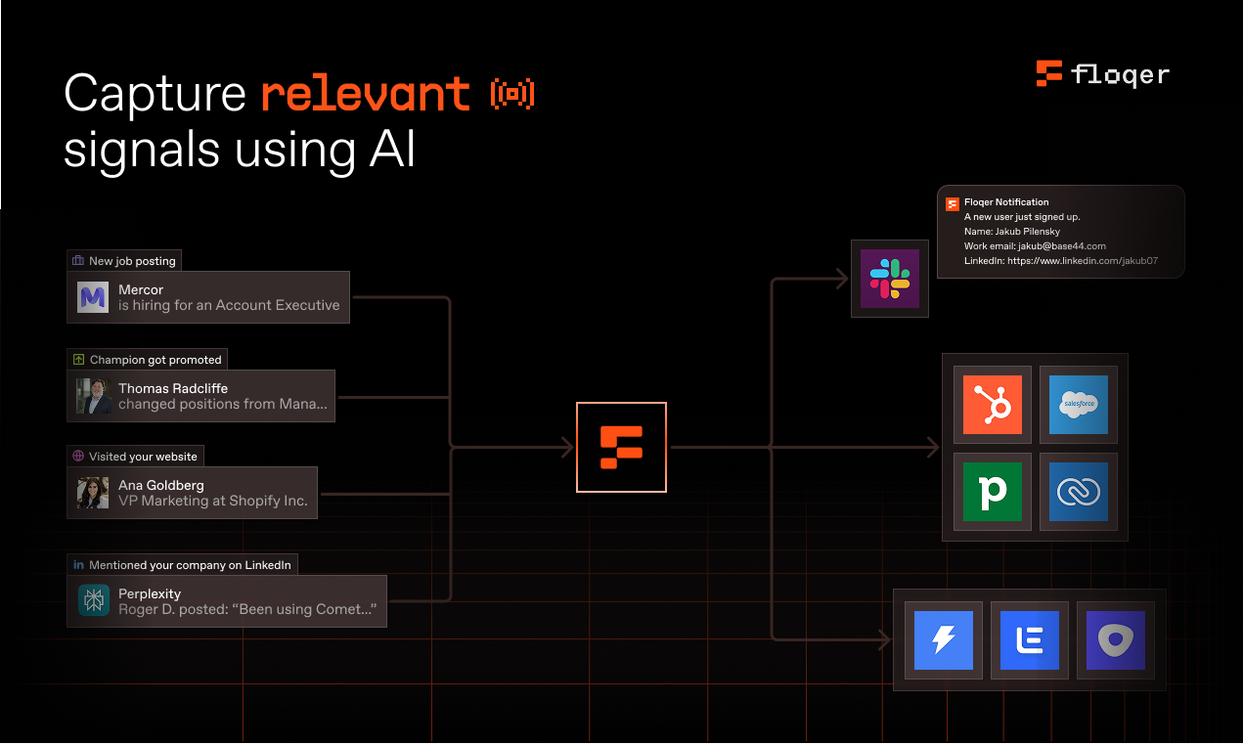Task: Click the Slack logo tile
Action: pyautogui.click(x=889, y=279)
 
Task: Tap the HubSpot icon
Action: pyautogui.click(x=993, y=405)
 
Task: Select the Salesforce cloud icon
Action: pyautogui.click(x=1078, y=405)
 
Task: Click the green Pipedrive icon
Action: pyautogui.click(x=993, y=491)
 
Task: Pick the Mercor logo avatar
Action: pyautogui.click(x=94, y=297)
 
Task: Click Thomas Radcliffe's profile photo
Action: pyautogui.click(x=94, y=396)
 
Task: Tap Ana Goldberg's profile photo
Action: pyautogui.click(x=94, y=493)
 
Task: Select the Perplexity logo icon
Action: pyautogui.click(x=94, y=601)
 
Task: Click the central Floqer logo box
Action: pyautogui.click(x=621, y=447)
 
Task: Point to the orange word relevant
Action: pyautogui.click(x=366, y=94)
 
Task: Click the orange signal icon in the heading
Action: pyautogui.click(x=512, y=94)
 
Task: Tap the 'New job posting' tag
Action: pyautogui.click(x=124, y=261)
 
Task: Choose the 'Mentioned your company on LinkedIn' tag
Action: pyautogui.click(x=182, y=565)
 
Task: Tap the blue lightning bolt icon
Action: pyautogui.click(x=943, y=640)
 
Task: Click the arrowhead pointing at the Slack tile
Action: pyautogui.click(x=841, y=279)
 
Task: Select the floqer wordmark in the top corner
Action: pyautogui.click(x=1120, y=74)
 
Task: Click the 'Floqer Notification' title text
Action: pyautogui.click(x=1006, y=202)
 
